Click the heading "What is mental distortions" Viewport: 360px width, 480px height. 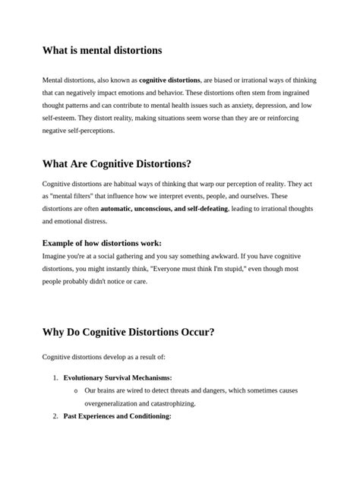[102, 51]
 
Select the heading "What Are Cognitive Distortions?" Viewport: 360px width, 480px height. [117, 164]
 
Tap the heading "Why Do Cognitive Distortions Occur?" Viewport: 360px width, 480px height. [128, 332]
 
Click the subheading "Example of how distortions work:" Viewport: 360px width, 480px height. [102, 243]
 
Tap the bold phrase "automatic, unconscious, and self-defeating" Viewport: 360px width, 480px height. [164, 209]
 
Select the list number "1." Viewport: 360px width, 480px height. [55, 377]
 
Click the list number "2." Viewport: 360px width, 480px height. [55, 416]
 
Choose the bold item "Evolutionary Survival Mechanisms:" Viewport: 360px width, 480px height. [118, 377]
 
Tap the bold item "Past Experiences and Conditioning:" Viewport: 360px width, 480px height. [117, 416]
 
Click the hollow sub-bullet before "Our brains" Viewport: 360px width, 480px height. [76, 391]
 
